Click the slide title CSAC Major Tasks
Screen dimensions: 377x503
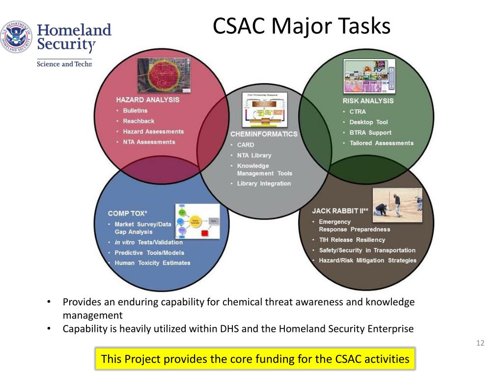coord(301,26)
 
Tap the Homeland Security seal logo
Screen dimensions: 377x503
coord(16,37)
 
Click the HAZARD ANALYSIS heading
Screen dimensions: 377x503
coord(147,100)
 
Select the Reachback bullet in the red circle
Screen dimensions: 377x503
coord(139,121)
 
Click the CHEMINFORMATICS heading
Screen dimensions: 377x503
coord(264,134)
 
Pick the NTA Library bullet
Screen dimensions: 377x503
coord(254,155)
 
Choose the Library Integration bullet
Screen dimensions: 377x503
coord(264,184)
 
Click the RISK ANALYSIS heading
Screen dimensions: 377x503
coord(368,101)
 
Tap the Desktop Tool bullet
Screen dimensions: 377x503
coord(368,122)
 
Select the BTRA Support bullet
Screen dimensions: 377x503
coord(370,133)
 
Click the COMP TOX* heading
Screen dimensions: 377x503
coord(128,213)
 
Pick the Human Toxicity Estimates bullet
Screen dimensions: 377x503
coord(152,263)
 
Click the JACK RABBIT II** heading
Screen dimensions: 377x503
coord(339,211)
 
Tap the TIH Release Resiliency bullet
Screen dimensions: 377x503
coord(352,240)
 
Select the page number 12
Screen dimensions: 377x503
coord(480,343)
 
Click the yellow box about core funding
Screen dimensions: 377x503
coord(255,359)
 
